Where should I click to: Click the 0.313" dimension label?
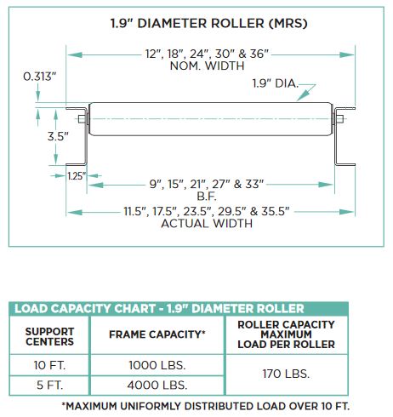tap(40, 77)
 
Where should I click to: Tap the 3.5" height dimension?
tap(58, 136)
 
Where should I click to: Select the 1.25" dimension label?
tap(77, 176)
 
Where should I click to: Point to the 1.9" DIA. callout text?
tap(276, 83)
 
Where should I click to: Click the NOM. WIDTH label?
tap(207, 66)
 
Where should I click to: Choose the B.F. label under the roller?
tap(207, 197)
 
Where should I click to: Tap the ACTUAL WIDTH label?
tap(207, 224)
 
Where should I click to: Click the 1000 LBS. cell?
tap(157, 365)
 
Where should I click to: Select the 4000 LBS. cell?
tap(157, 386)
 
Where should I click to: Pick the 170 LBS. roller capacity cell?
tap(286, 374)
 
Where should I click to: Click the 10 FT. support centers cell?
tap(49, 365)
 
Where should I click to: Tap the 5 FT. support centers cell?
tap(49, 386)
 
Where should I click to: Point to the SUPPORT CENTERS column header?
tap(49, 336)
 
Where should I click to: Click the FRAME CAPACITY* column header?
tap(157, 334)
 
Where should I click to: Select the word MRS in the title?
tap(288, 23)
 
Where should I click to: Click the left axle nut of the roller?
tap(82, 119)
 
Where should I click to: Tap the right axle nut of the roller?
tap(340, 119)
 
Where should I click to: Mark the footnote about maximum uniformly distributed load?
tap(206, 406)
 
